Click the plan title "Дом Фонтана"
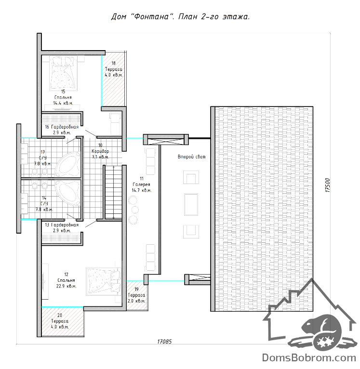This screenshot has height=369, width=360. tap(141, 17)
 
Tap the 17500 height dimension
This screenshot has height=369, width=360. tap(328, 185)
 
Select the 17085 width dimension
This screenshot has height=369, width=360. tap(164, 342)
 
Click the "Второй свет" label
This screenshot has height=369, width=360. tap(192, 157)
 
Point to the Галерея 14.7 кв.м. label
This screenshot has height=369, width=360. tap(142, 184)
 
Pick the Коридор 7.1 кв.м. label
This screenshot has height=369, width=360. tap(100, 151)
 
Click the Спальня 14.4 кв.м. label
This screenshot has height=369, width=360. tap(63, 97)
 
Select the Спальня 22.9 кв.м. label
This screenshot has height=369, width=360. tap(66, 280)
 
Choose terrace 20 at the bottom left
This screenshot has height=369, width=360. tap(63, 321)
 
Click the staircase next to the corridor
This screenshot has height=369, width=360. tap(113, 192)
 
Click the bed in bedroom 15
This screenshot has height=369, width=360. tap(63, 73)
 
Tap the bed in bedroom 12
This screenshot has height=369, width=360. tap(104, 281)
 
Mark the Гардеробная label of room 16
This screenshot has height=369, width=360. tap(65, 127)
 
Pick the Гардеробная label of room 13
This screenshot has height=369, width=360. tap(65, 225)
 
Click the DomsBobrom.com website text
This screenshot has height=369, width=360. tap(309, 358)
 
